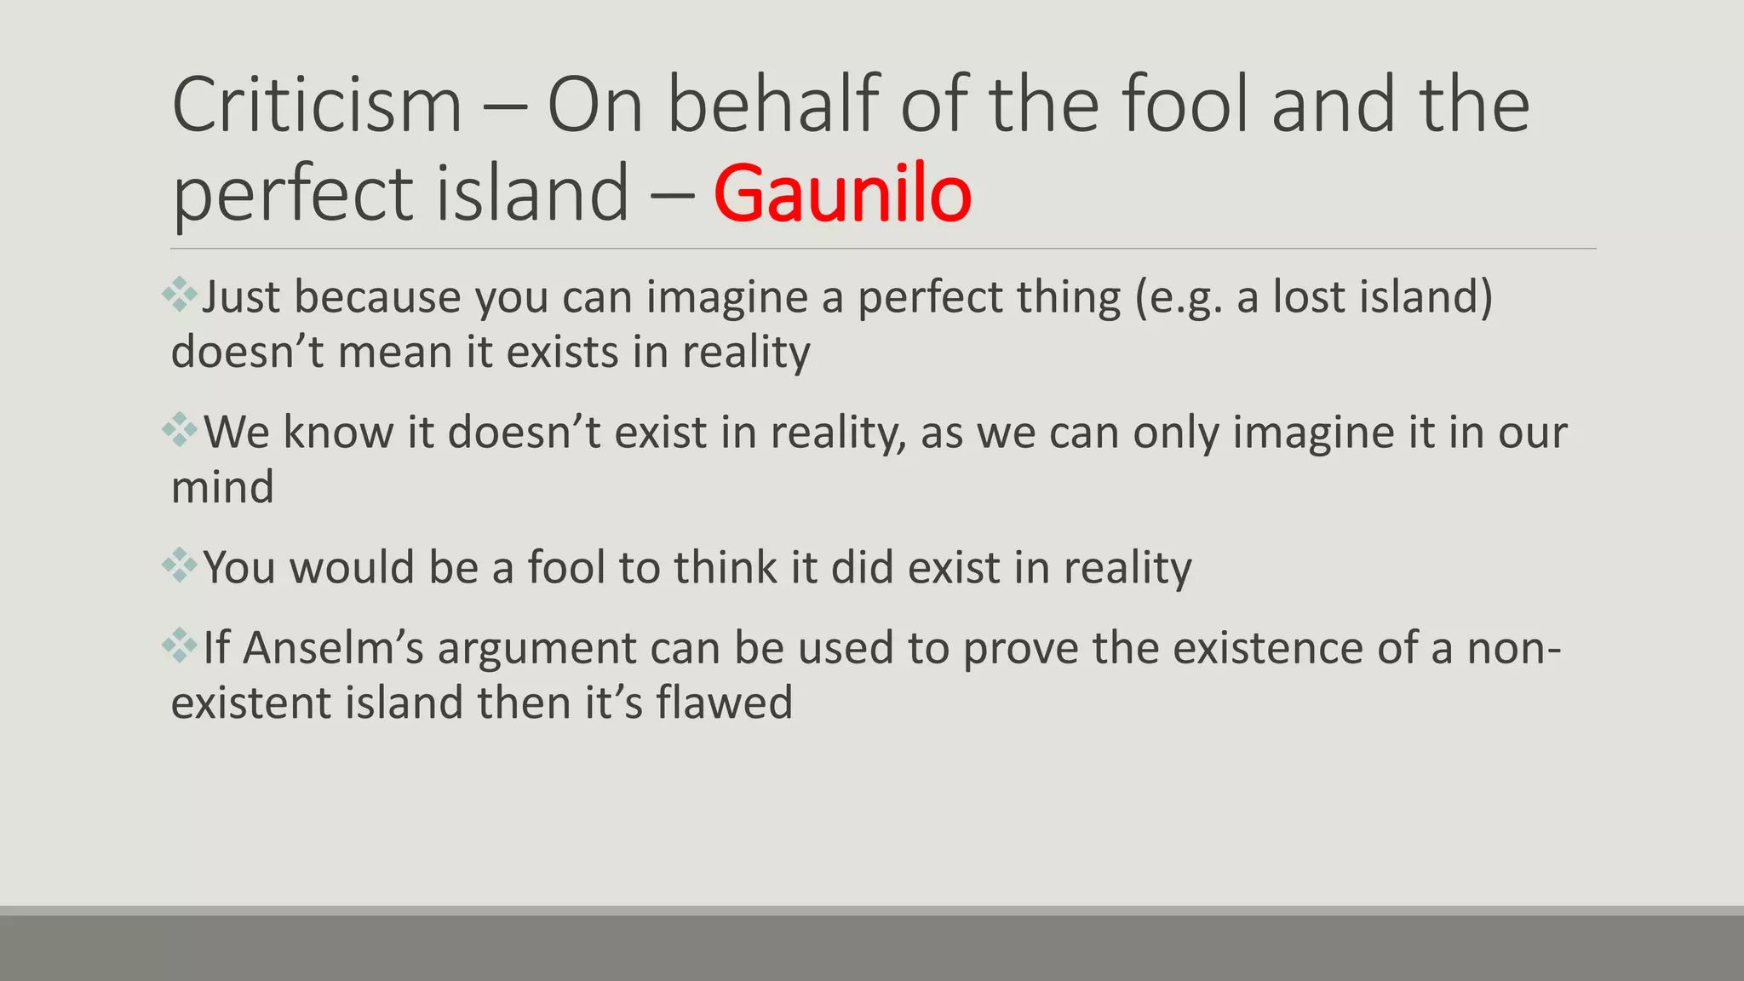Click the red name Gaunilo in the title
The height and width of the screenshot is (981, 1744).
pos(842,194)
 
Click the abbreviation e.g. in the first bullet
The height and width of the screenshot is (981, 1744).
pos(1186,298)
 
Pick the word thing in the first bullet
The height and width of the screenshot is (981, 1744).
pos(1069,298)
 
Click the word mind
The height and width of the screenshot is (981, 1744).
pos(223,487)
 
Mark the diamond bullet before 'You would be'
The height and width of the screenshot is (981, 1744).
pos(180,565)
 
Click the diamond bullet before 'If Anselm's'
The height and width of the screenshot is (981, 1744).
pos(180,645)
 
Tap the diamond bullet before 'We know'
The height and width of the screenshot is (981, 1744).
pos(180,429)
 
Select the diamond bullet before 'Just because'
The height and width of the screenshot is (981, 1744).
pos(180,295)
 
